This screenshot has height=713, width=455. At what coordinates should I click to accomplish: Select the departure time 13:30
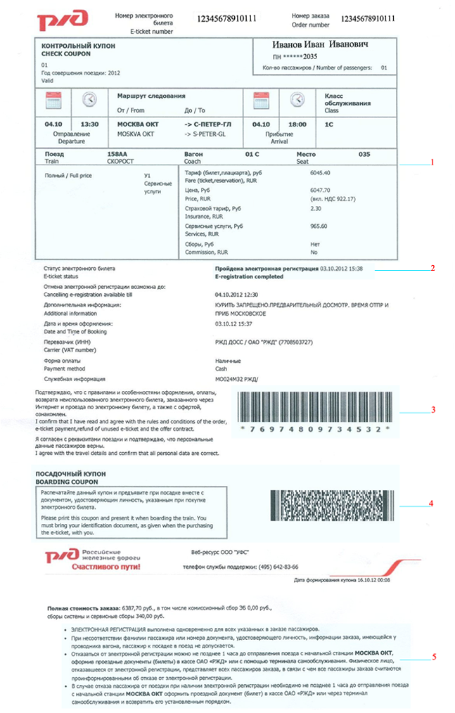(89, 124)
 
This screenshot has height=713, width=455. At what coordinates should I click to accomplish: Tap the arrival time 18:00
(297, 124)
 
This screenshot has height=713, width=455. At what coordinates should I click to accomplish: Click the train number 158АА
(117, 153)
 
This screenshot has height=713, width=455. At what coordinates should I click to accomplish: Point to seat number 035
(364, 153)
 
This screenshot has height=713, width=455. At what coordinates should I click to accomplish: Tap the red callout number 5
(434, 657)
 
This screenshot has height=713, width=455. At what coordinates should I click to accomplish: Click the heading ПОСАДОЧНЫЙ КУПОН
(70, 475)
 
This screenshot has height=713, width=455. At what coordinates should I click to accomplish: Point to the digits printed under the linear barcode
(314, 428)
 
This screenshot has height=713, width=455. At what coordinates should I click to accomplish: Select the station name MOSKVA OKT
(136, 133)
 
